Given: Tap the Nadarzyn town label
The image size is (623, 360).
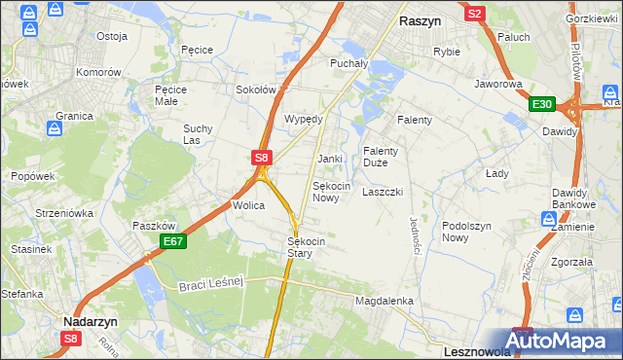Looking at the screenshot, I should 91,321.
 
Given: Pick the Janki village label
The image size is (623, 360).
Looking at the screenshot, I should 329,159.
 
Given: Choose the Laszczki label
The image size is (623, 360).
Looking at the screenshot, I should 383,193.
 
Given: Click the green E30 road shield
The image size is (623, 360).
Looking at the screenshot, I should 542,105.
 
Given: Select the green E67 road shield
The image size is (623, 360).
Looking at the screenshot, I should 172,241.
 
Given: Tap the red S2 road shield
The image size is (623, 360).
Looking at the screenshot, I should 475,14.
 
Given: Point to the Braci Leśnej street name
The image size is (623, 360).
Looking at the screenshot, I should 209,283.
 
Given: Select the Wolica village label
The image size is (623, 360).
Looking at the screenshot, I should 248,206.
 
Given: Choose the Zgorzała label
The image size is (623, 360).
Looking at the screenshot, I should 571,262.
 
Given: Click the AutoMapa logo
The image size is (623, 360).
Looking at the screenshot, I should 562,342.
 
